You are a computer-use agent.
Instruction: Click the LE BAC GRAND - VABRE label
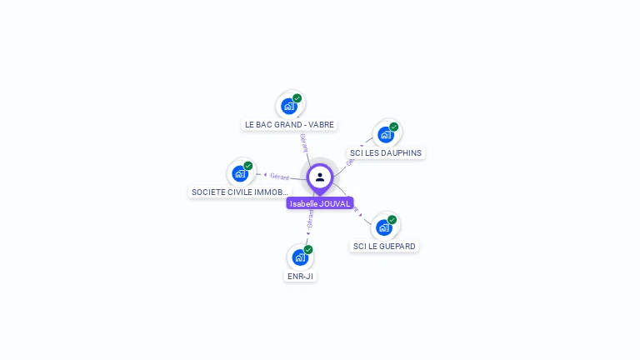289,124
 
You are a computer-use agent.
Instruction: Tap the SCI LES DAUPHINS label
386,153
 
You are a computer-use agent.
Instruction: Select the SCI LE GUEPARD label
384,247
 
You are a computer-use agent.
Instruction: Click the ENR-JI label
300,277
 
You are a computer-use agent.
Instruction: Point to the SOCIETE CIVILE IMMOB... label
240,192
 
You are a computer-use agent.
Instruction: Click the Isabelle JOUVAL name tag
320,203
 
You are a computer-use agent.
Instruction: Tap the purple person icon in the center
320,177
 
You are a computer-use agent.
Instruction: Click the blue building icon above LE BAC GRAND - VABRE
289,106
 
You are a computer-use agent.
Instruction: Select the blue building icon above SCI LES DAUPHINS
385,134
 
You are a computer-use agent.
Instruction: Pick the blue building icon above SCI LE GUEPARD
383,227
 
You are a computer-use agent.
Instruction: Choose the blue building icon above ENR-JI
299,257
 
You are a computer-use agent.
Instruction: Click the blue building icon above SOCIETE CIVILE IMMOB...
240,173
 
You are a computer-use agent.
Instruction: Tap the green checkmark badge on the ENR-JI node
308,249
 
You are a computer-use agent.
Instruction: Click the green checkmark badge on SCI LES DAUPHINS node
394,127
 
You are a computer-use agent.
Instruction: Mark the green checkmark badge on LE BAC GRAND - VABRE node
297,98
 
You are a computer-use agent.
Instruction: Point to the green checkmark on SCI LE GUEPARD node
392,219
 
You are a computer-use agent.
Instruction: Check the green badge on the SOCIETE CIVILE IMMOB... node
248,165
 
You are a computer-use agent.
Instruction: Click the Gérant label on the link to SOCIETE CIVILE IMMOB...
279,177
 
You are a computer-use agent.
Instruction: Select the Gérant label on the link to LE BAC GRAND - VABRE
304,142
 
